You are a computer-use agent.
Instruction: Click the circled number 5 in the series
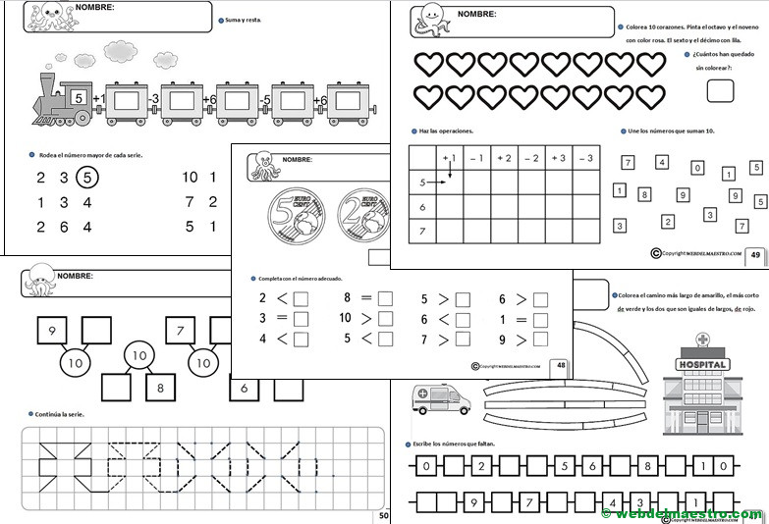point(87,178)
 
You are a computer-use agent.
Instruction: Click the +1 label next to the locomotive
point(97,99)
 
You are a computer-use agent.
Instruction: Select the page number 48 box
point(561,365)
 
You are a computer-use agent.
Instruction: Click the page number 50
point(384,513)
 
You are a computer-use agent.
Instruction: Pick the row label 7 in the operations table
point(421,232)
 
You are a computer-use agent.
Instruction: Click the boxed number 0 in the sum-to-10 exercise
point(696,169)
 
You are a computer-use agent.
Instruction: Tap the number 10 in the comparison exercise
point(345,318)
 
